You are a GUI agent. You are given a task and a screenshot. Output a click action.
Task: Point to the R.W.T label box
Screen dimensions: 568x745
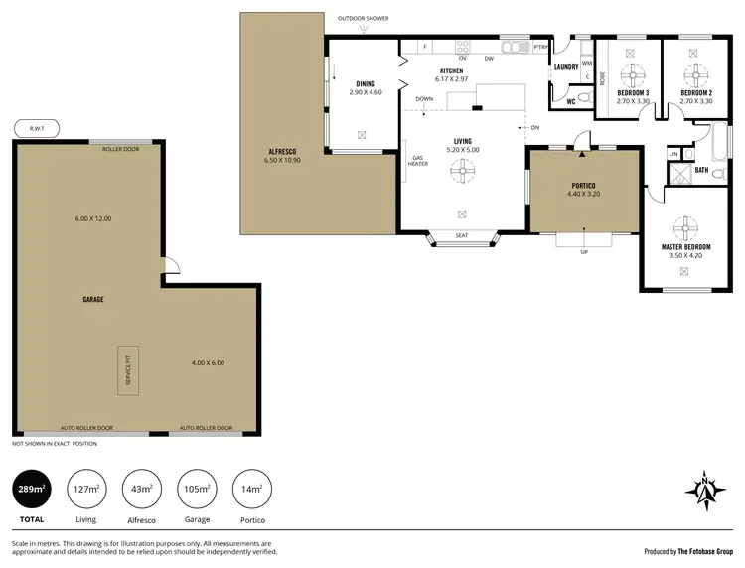point(38,128)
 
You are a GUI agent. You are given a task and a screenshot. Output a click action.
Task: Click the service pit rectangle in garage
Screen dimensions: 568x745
point(126,369)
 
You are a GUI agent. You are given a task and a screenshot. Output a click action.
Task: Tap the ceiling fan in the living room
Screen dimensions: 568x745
point(462,170)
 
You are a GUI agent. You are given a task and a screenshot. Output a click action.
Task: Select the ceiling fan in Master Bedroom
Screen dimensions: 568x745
point(681,224)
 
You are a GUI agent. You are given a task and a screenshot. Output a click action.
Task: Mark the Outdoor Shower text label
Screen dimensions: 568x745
point(364,18)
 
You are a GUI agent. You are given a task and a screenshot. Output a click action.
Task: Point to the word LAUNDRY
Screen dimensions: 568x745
point(567,67)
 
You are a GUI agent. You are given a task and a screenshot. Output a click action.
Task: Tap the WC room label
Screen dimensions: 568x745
point(570,101)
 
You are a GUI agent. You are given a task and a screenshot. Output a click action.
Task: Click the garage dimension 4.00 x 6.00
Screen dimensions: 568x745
point(208,362)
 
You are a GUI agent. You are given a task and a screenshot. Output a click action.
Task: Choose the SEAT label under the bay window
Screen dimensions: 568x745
point(461,236)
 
